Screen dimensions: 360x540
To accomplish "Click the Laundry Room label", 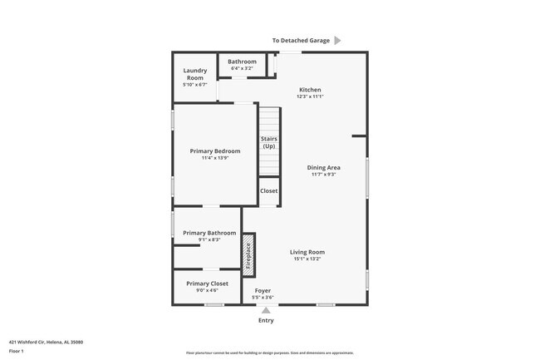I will point(194,74).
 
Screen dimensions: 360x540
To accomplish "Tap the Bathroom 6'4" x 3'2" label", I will point(242,62).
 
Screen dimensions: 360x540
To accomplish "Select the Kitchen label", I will point(309,90).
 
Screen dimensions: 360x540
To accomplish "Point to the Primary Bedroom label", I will point(215,150).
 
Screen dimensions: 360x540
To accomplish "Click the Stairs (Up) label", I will point(268,142).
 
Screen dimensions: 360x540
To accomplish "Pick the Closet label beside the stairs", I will point(269,191).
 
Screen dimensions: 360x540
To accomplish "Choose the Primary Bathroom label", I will point(209,233).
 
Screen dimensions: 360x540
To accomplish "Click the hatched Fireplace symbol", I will point(248,254).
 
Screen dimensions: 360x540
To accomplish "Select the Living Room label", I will point(307,252).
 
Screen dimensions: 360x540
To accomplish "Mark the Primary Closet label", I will point(207,284).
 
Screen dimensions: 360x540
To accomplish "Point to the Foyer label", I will point(263,291).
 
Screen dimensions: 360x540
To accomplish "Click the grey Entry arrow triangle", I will point(266,310).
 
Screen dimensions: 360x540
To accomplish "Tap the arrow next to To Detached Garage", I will point(337,40).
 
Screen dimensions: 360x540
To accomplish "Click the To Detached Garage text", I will point(301,40).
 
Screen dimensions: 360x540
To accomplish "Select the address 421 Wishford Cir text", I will point(46,342).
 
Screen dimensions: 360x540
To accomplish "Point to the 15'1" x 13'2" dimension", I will point(307,259).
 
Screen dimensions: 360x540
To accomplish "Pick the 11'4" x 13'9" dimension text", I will point(215,158).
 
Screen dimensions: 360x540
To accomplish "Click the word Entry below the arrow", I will point(266,320).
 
